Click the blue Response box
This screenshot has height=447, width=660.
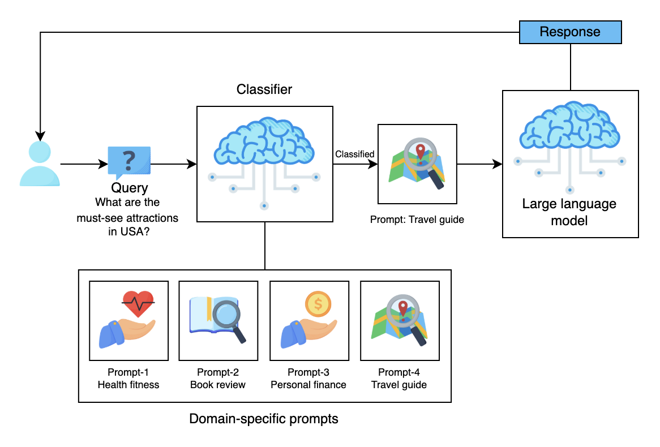pos(571,32)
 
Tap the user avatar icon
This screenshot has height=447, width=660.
pos(40,164)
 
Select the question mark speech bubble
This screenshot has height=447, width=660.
pos(129,162)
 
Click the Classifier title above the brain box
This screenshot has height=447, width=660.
pos(264,89)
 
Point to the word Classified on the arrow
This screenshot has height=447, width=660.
pos(354,154)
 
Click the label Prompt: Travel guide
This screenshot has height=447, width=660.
pos(417,220)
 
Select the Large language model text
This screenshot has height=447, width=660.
pos(569,212)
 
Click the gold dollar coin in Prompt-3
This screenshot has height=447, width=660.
pos(318,304)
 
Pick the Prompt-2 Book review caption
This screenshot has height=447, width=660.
pos(217,379)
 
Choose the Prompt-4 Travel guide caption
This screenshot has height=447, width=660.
pos(398,379)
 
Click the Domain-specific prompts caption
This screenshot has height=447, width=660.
pos(264,419)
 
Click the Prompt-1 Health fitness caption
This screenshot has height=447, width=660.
pos(128,379)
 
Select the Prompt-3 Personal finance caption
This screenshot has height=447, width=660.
pos(308,379)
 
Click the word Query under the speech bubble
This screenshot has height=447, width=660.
pos(129,188)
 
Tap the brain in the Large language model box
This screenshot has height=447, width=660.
pos(569,125)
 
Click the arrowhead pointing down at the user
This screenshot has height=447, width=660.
pos(40,136)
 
